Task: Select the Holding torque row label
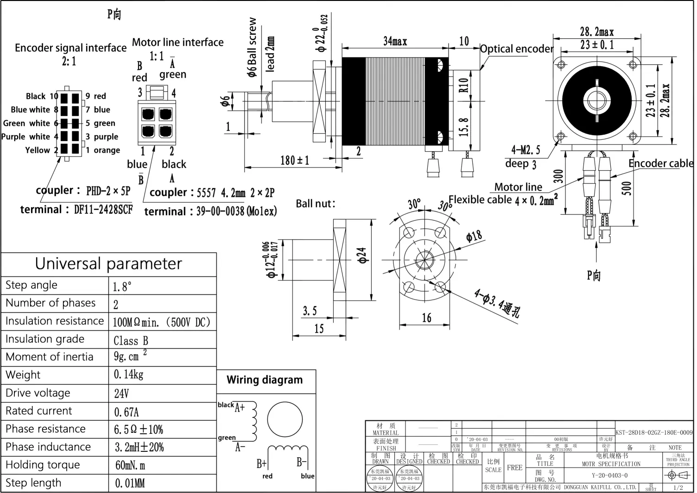point(43,465)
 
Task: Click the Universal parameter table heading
point(108,264)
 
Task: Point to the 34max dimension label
point(395,42)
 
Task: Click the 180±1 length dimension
point(294,161)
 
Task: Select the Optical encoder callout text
point(517,49)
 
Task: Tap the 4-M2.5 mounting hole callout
point(526,150)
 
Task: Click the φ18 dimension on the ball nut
point(474,237)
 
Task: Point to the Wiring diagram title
point(265,380)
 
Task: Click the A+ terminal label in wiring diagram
point(240,408)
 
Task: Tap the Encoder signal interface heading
point(70,48)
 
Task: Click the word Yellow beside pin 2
point(38,150)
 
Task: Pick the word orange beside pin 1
point(107,150)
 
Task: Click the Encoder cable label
point(660,163)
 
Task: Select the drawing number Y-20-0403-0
point(609,475)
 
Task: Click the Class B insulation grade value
point(131,341)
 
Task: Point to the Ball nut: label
point(315,204)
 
